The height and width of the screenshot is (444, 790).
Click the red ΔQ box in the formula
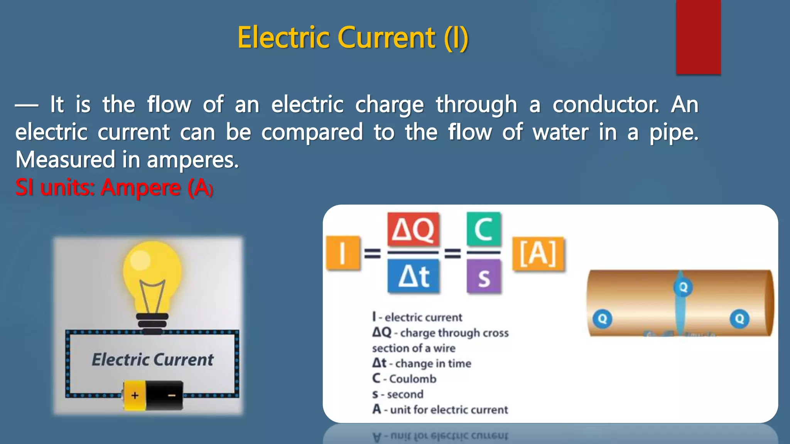coord(413,229)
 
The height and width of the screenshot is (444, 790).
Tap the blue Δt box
coord(413,276)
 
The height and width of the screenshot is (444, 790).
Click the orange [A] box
coord(538,254)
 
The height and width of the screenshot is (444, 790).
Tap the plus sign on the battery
coord(135,395)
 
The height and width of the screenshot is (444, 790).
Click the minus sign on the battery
coord(172,395)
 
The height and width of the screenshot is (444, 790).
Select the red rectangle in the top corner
coord(698,37)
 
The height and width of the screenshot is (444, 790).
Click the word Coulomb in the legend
coord(412,379)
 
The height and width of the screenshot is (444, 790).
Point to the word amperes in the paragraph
coord(192,160)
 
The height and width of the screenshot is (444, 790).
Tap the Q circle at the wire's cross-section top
coord(683,287)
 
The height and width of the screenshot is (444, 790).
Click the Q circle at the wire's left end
coord(602,319)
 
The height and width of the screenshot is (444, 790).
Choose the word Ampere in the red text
coord(140,188)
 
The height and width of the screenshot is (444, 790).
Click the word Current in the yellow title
coord(387,38)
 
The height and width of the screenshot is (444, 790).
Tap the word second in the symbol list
coord(405,394)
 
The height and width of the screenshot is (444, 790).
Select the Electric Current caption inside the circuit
coord(152,360)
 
